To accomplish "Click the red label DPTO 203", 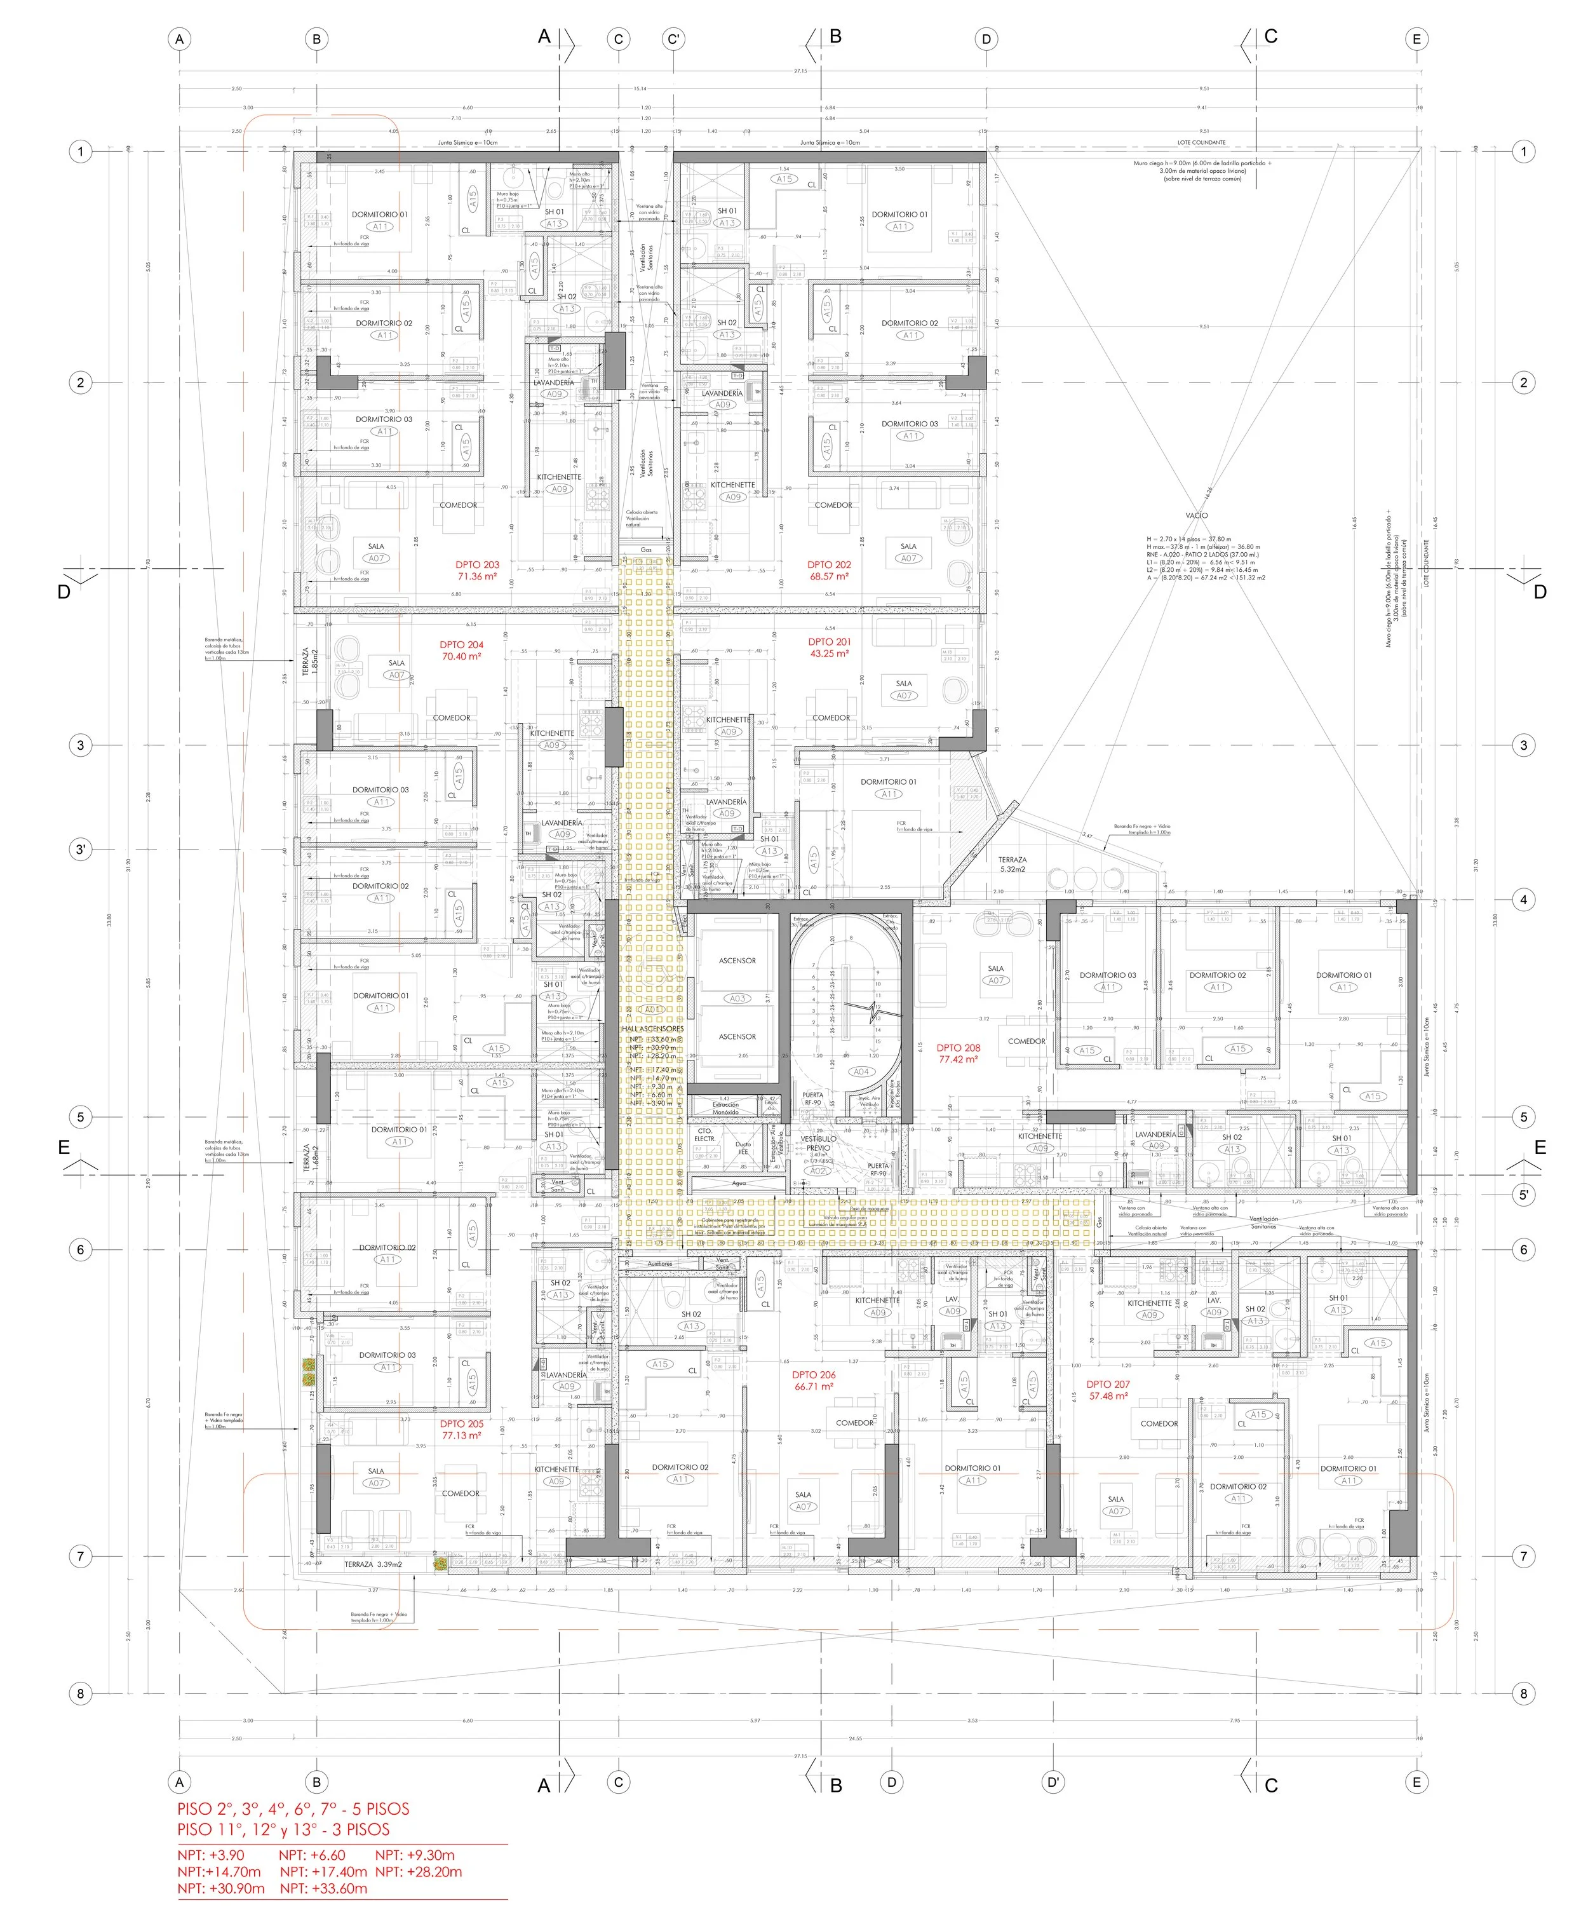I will pos(476,564).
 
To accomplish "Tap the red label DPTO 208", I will pos(958,1048).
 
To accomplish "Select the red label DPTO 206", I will pos(813,1374).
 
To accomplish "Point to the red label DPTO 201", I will pos(829,641).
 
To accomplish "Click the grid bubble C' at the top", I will pos(673,39).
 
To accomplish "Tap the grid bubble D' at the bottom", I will pos(1053,1781).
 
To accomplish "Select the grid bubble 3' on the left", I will pos(81,849).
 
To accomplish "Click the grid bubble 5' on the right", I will pos(1523,1194).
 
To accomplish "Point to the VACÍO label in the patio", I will pos(1195,515).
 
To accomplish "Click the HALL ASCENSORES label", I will pos(652,1028).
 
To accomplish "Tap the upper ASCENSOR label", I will pos(737,961).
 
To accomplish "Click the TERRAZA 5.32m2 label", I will pos(1012,864).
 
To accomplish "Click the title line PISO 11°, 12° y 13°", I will pos(283,1829).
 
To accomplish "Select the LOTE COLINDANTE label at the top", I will pos(1201,143).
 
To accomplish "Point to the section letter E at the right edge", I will pos(1540,1146).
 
